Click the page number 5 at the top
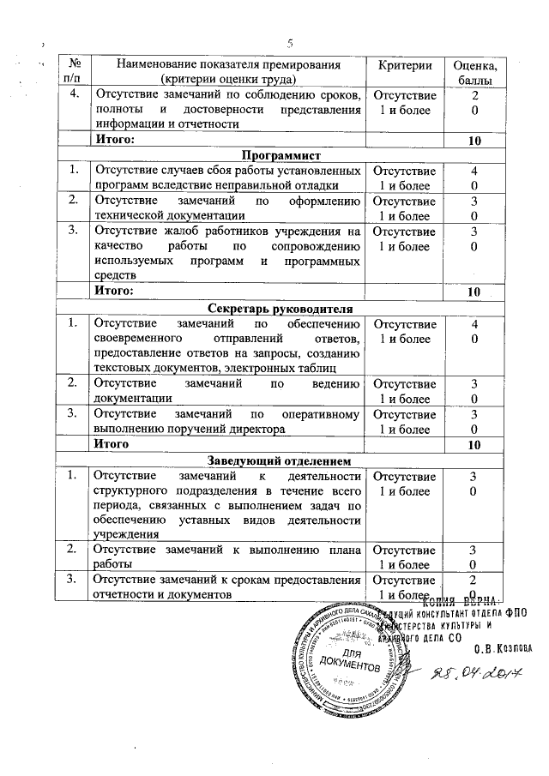click(290, 43)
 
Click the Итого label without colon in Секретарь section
click(112, 444)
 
